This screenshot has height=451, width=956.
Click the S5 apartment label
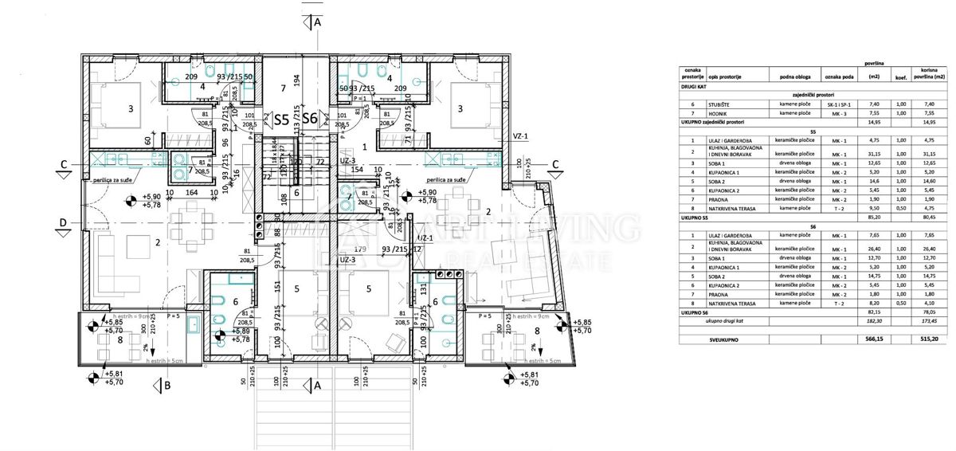click(x=281, y=120)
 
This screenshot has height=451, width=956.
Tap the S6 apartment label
click(x=311, y=120)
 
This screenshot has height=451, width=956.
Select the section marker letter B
click(x=167, y=386)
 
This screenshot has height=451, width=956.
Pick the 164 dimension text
click(x=191, y=192)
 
